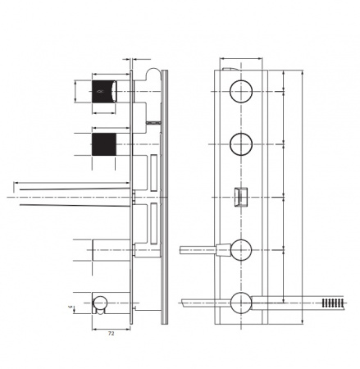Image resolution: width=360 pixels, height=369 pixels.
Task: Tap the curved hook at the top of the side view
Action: tap(152, 78)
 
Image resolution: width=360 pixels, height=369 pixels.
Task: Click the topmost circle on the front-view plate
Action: tap(242, 91)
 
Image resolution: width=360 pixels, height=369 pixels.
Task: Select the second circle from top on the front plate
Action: tap(242, 144)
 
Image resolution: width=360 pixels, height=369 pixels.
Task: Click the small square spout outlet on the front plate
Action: tap(242, 198)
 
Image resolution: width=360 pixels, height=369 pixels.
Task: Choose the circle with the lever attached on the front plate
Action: tap(242, 248)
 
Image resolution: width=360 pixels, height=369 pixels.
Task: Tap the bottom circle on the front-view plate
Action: tap(242, 302)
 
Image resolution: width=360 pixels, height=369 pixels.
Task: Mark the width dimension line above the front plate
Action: tap(242, 60)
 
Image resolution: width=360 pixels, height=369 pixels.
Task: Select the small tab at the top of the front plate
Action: tap(234, 70)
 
